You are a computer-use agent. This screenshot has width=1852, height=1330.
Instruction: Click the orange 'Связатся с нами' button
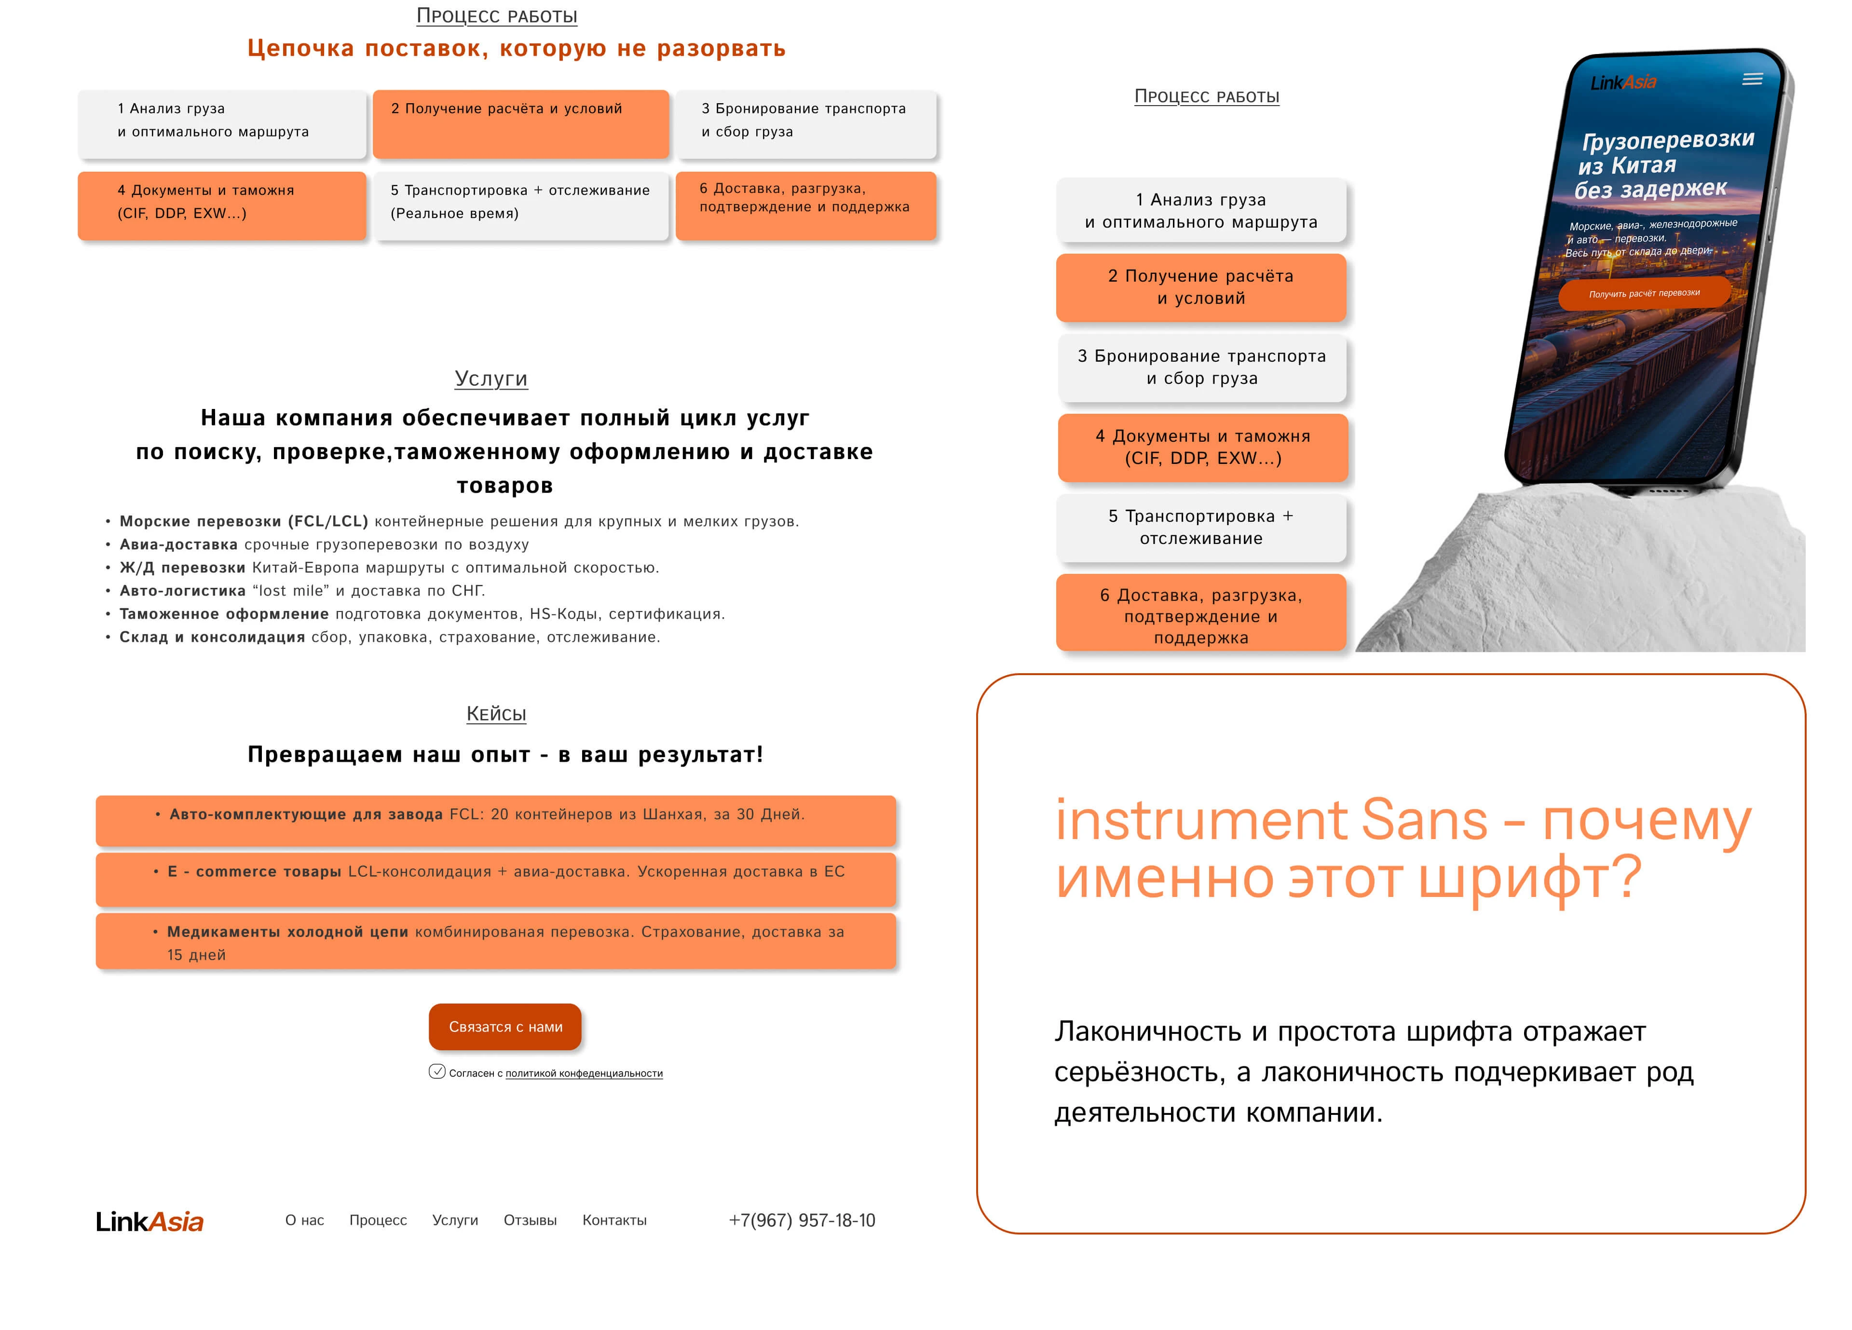[x=504, y=1026]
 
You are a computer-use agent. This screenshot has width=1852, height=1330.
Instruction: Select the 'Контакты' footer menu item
[x=614, y=1220]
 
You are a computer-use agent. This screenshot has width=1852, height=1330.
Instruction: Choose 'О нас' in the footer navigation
[x=305, y=1220]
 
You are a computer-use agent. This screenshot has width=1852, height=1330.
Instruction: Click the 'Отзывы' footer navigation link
[x=530, y=1220]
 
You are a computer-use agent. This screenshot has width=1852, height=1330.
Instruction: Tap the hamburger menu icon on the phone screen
[x=1752, y=79]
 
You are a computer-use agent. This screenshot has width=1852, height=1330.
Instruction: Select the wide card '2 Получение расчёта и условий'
[x=520, y=124]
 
